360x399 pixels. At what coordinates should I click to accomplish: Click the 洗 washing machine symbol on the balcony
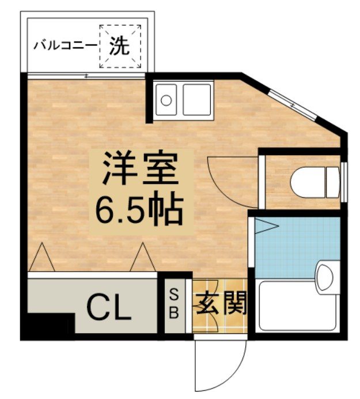point(120,45)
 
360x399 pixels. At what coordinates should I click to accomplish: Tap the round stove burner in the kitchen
point(166,100)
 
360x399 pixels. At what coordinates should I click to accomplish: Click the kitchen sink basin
point(197,99)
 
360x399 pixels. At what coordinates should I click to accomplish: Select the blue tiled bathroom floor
point(288,245)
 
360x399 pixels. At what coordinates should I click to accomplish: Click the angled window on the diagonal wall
point(293,104)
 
